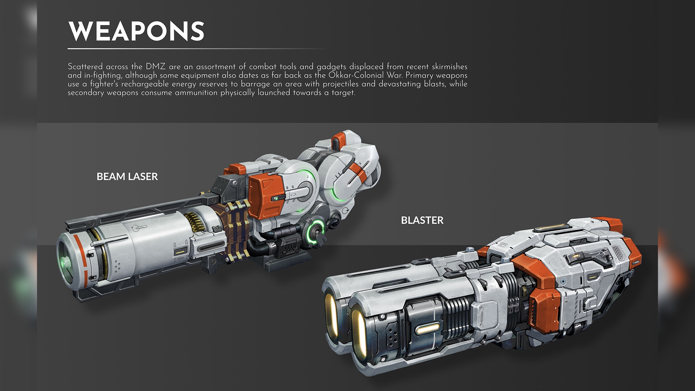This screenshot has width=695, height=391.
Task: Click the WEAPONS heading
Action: pos(136,31)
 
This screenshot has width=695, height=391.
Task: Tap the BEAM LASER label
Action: pos(127,177)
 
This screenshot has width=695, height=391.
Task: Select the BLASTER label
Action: pos(422,220)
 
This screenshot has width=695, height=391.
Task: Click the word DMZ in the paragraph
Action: pos(156,67)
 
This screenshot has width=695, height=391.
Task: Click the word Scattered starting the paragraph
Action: pos(85,67)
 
